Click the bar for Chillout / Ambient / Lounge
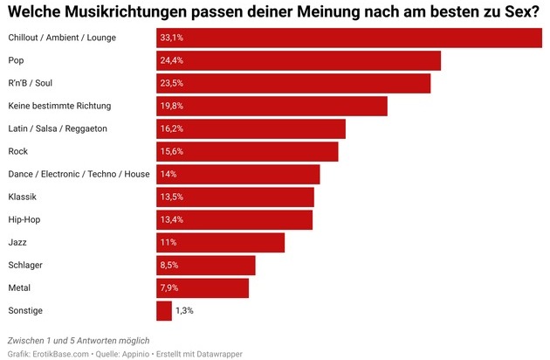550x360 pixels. coord(349,38)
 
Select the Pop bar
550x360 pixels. coord(299,61)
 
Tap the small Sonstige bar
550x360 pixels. coord(164,310)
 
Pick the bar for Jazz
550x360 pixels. coord(221,242)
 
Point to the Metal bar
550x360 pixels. coord(203,287)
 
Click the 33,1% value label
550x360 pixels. coord(171,38)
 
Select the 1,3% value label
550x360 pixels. coord(185,310)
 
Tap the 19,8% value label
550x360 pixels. coord(171,107)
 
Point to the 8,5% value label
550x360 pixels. coord(169,265)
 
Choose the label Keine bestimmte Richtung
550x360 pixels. coord(59,107)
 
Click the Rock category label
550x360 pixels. coord(18,152)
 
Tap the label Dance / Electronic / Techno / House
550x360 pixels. coord(79,175)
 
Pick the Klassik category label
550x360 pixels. coord(22,197)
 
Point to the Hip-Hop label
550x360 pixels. coord(25,219)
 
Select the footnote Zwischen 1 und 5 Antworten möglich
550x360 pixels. coord(79,339)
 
